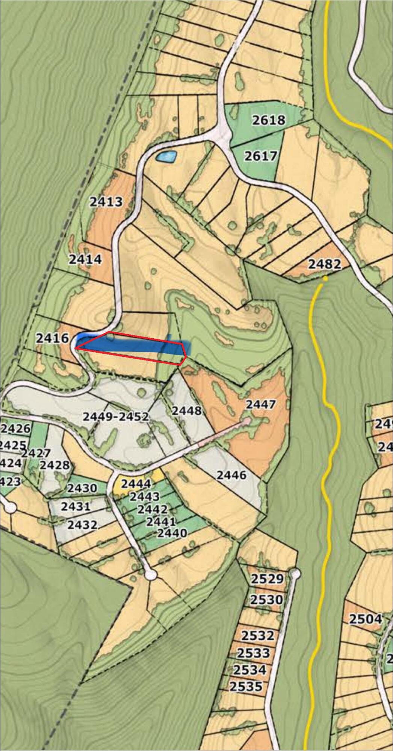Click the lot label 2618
pos(268,120)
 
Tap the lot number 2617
pos(261,156)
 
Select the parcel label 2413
pos(106,202)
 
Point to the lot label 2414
pos(85,259)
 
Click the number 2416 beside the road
pos(53,338)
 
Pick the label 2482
pos(325,264)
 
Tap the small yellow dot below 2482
pos(325,279)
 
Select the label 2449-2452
pos(116,416)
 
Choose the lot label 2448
pos(187,410)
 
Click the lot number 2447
pos(261,404)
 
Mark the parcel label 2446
pos(232,475)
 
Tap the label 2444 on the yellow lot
pos(136,484)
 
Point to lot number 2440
pos(172,533)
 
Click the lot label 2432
pos(83,525)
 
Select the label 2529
pos(267,579)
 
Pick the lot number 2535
pos(246,687)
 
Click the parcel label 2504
pos(366,619)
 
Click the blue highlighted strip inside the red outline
pos(132,346)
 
